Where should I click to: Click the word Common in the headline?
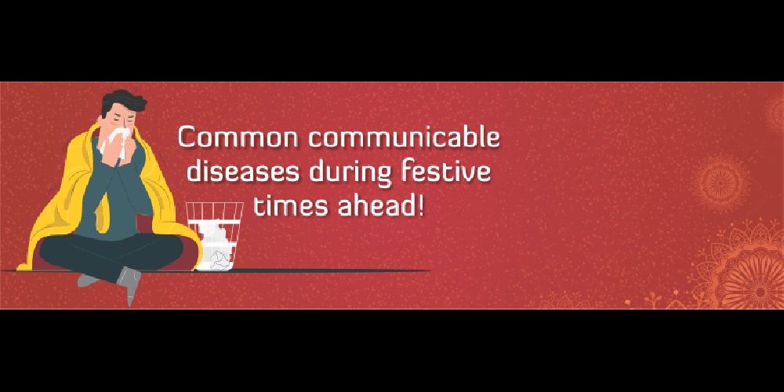point(239,137)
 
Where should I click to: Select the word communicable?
point(404,137)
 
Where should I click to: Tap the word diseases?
point(244,172)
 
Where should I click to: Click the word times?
point(292,205)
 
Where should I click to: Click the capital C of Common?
point(188,137)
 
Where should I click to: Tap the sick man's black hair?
point(122,103)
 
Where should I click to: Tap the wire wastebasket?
point(215,236)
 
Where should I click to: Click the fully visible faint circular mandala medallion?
point(721,183)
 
